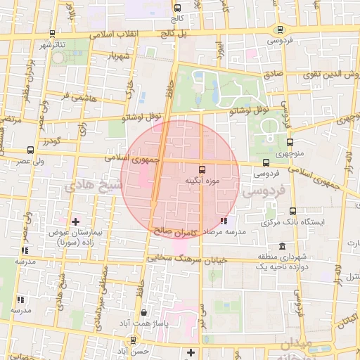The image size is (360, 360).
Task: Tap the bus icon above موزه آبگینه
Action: [202, 169]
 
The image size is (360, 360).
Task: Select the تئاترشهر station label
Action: [51, 45]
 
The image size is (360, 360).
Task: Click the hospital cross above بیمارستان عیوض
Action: [75, 221]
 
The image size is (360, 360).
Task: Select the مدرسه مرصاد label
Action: [224, 231]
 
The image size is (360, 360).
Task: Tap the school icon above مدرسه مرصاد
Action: [224, 221]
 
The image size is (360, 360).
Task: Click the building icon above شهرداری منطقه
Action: [282, 247]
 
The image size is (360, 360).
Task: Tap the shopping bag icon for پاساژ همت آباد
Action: [144, 312]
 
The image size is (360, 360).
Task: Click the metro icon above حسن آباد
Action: [132, 340]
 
